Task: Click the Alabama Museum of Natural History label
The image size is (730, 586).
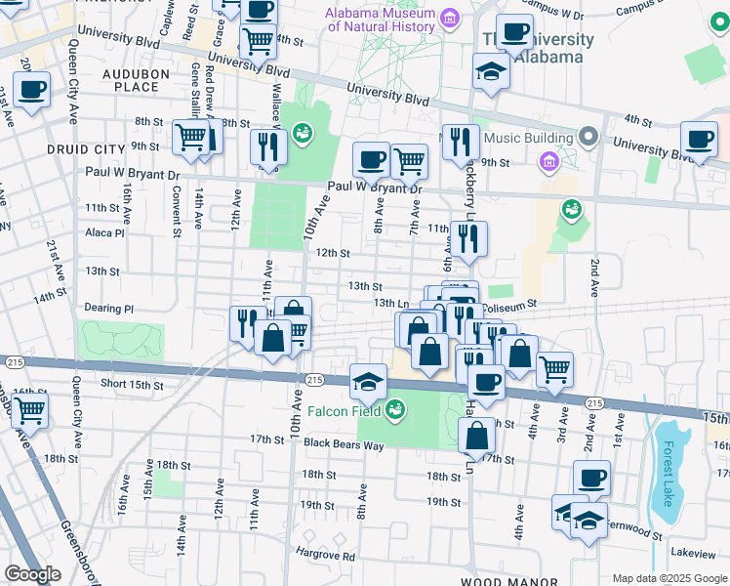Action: coord(381,20)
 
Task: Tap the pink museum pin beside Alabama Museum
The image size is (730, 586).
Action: coord(449,18)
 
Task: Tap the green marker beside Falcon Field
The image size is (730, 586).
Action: coord(396,407)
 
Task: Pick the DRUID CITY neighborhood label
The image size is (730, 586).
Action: coord(86,148)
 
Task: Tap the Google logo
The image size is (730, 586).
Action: coord(32,574)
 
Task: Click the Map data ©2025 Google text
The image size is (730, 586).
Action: coord(669,578)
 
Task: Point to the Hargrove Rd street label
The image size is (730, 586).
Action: coord(326,556)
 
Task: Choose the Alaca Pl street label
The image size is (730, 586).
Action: coord(104,233)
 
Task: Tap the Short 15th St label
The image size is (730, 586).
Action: coord(132,385)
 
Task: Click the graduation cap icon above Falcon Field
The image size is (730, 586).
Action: coord(369,381)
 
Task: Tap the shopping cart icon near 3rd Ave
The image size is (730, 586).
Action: coord(554,369)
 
